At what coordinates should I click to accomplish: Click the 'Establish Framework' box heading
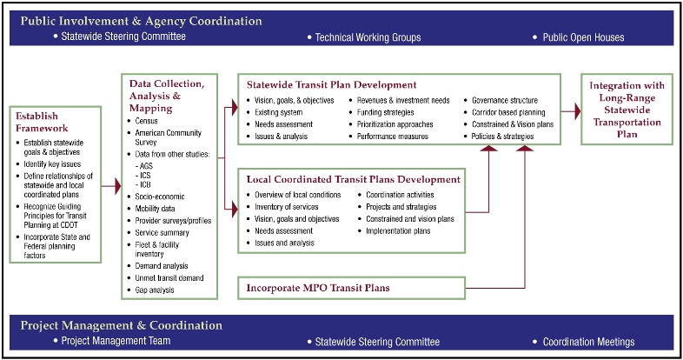click(41, 121)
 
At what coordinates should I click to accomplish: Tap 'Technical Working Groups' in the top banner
click(368, 37)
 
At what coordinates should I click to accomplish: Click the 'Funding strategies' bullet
click(390, 113)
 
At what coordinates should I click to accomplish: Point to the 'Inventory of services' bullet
click(288, 207)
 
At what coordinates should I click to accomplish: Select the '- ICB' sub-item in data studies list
click(143, 184)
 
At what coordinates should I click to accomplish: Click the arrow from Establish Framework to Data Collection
click(110, 185)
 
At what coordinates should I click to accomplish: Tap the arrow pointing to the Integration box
click(569, 111)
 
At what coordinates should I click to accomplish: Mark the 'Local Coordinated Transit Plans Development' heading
click(353, 179)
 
